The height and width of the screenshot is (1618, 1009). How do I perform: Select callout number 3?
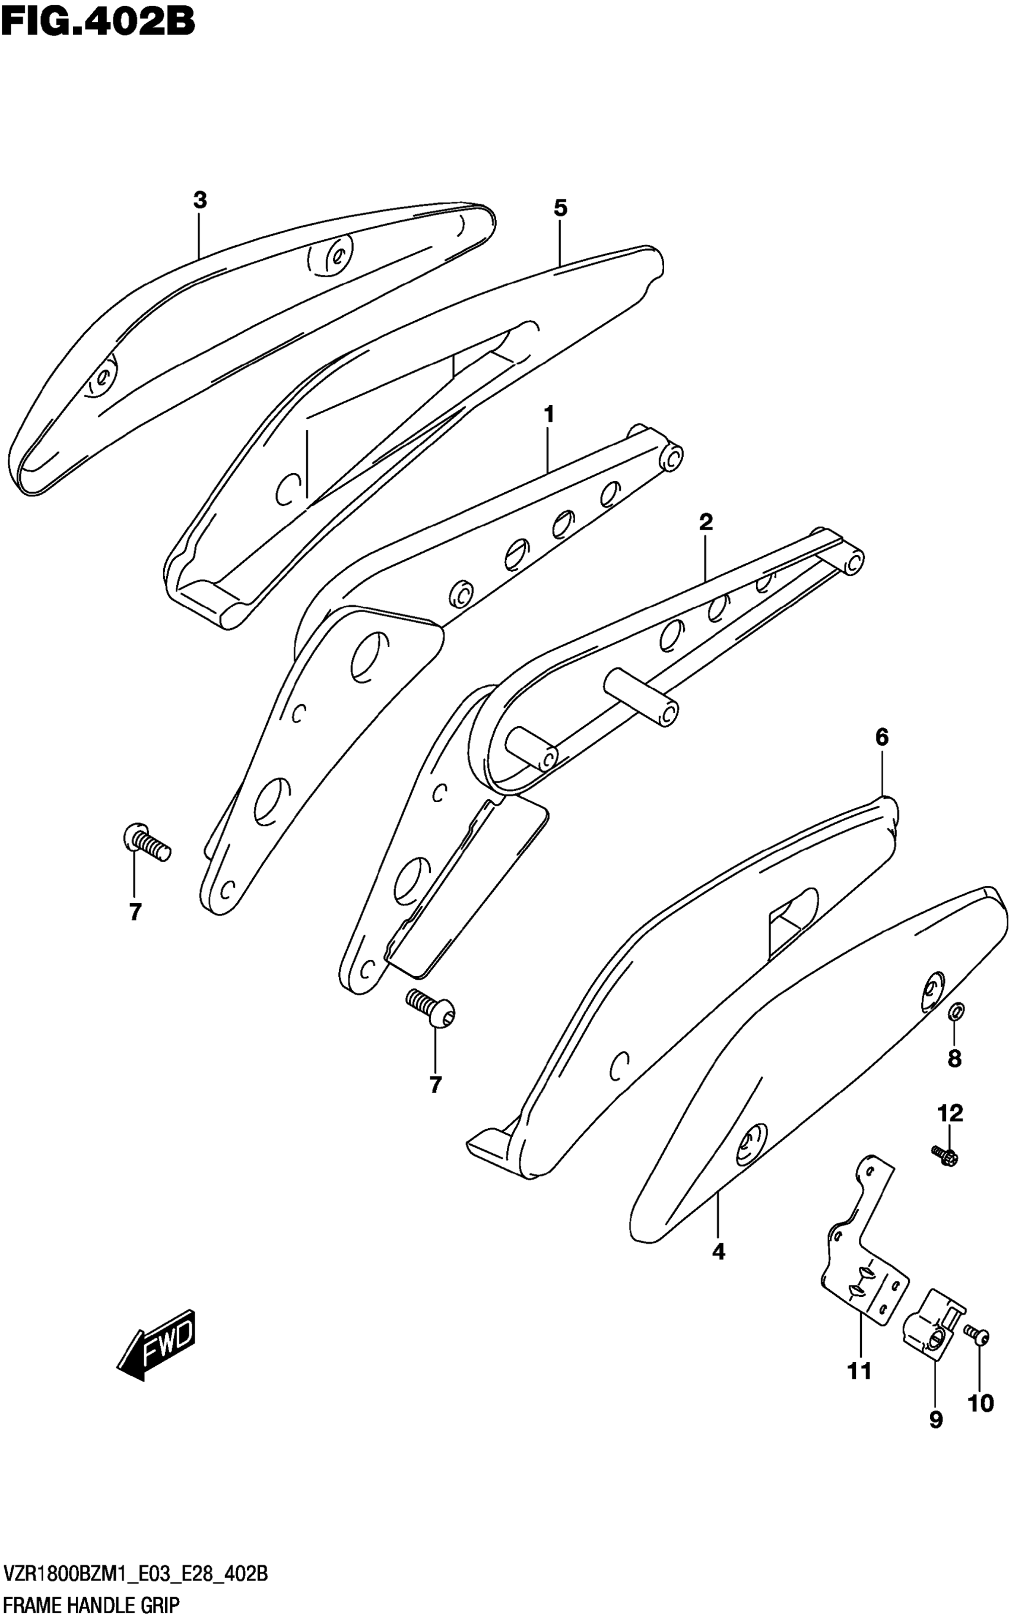pyautogui.click(x=199, y=200)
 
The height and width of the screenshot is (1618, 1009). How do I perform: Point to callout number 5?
pyautogui.click(x=560, y=208)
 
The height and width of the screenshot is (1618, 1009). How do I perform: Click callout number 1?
pyautogui.click(x=548, y=414)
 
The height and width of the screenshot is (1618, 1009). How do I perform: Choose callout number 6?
pyautogui.click(x=881, y=737)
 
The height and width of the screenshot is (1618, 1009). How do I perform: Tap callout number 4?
pyautogui.click(x=718, y=1252)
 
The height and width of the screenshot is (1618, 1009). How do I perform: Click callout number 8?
pyautogui.click(x=954, y=1059)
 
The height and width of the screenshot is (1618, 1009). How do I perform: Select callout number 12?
pyautogui.click(x=950, y=1113)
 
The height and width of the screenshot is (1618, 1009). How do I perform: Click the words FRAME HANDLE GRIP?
pyautogui.click(x=91, y=1602)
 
